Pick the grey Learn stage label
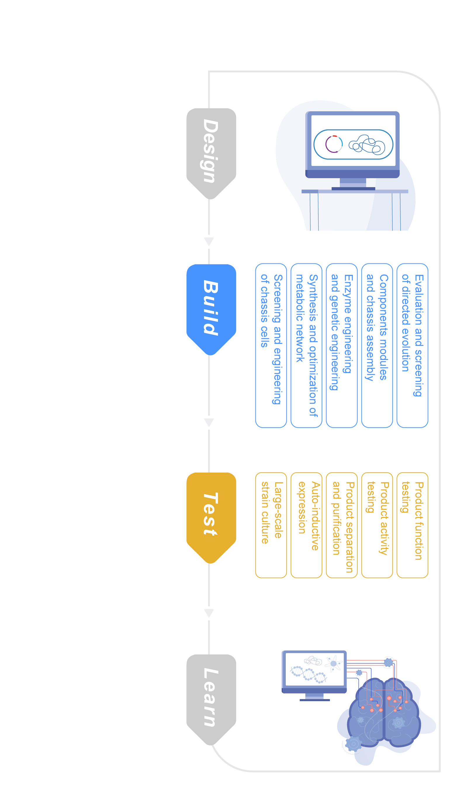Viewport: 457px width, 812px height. point(211,700)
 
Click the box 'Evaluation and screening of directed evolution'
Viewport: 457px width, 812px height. point(412,346)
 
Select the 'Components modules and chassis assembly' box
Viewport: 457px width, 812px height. point(377,346)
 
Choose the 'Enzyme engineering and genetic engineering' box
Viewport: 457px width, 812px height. point(342,346)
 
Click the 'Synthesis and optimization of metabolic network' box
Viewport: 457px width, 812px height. point(306,346)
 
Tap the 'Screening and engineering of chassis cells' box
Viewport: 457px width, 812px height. point(271,346)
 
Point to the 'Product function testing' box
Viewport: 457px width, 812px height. point(412,525)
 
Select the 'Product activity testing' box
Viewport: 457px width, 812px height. point(377,525)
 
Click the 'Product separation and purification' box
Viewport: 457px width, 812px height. point(342,525)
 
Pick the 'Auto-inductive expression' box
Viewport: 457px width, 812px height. point(306,525)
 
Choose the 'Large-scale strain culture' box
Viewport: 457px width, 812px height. point(271,525)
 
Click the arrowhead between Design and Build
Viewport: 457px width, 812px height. point(209,242)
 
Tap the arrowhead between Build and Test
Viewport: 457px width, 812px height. point(209,422)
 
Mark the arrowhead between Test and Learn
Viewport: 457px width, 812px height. point(209,613)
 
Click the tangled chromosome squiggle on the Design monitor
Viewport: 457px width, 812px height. point(366,145)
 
